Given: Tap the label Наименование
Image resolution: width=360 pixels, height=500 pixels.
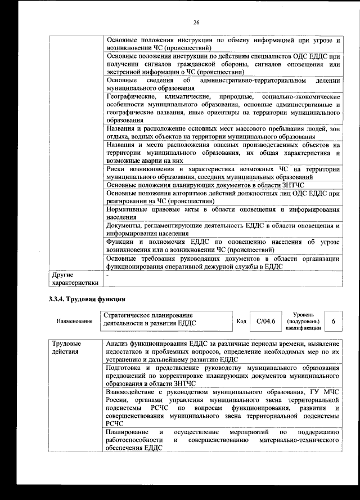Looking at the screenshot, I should (74, 321).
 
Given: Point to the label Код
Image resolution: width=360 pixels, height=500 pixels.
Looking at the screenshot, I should (241, 321).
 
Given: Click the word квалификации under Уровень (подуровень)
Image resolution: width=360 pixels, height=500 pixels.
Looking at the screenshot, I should (303, 328).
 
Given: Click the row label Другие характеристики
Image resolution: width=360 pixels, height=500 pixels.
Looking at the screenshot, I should (75, 279).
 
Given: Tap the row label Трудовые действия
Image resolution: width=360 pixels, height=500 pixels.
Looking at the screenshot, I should (66, 348).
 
